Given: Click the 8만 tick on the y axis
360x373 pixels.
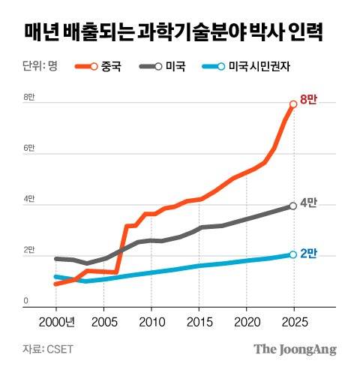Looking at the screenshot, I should click(29, 98).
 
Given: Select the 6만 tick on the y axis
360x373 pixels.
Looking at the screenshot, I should click(29, 149).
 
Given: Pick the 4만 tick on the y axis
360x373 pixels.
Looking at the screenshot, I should click(29, 200).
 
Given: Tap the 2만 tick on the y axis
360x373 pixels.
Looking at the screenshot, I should click(29, 251).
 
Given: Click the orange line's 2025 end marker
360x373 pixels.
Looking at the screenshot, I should click(293, 104).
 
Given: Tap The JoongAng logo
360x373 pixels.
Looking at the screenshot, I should click(294, 349).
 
